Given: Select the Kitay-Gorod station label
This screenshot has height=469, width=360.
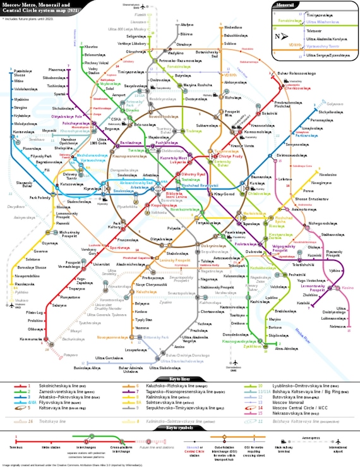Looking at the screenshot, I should click(x=224, y=193).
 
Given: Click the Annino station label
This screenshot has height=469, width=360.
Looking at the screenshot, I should click(x=179, y=346).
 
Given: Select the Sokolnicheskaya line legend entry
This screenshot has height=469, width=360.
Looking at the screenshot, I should click(x=54, y=385).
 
